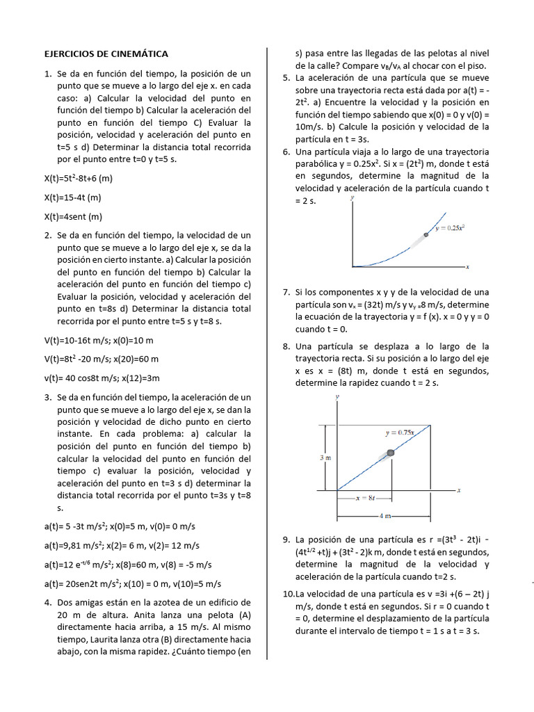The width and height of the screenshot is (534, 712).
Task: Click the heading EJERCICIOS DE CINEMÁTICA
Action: point(106,54)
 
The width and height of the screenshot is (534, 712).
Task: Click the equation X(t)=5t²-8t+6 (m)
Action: point(78,178)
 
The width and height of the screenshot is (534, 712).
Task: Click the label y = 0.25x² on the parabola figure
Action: point(450,227)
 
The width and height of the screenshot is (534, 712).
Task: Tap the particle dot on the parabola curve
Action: point(426,235)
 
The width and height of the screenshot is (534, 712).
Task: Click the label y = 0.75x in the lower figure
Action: point(400,432)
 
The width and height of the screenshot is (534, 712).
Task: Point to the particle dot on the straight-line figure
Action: point(390,453)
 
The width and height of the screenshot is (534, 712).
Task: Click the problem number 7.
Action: point(286,292)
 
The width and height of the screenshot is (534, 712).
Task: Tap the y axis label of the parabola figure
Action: point(353,197)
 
